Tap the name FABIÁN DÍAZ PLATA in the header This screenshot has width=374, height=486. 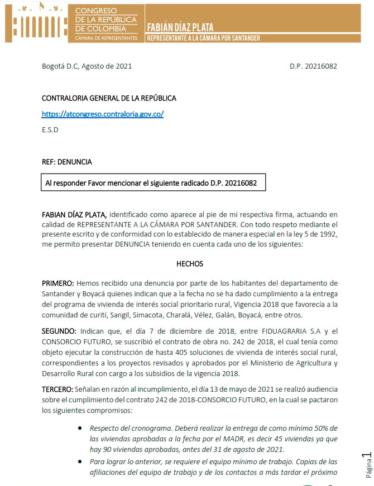[180, 26]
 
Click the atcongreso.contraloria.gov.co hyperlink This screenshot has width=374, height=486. [102, 114]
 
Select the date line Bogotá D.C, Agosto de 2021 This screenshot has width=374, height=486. [87, 66]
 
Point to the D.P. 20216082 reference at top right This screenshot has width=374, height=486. [313, 66]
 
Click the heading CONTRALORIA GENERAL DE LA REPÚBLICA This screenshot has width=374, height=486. [109, 98]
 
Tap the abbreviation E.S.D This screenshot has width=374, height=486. [50, 130]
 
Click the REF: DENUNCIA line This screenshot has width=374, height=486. [66, 162]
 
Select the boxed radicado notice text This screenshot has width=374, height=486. [151, 183]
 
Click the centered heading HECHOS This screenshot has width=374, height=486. [190, 263]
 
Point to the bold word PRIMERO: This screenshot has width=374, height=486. [57, 283]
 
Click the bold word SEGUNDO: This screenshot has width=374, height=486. [59, 331]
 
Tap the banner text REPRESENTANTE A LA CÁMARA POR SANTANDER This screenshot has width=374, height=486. [203, 38]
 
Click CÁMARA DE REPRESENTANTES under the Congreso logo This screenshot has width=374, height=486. [106, 38]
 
